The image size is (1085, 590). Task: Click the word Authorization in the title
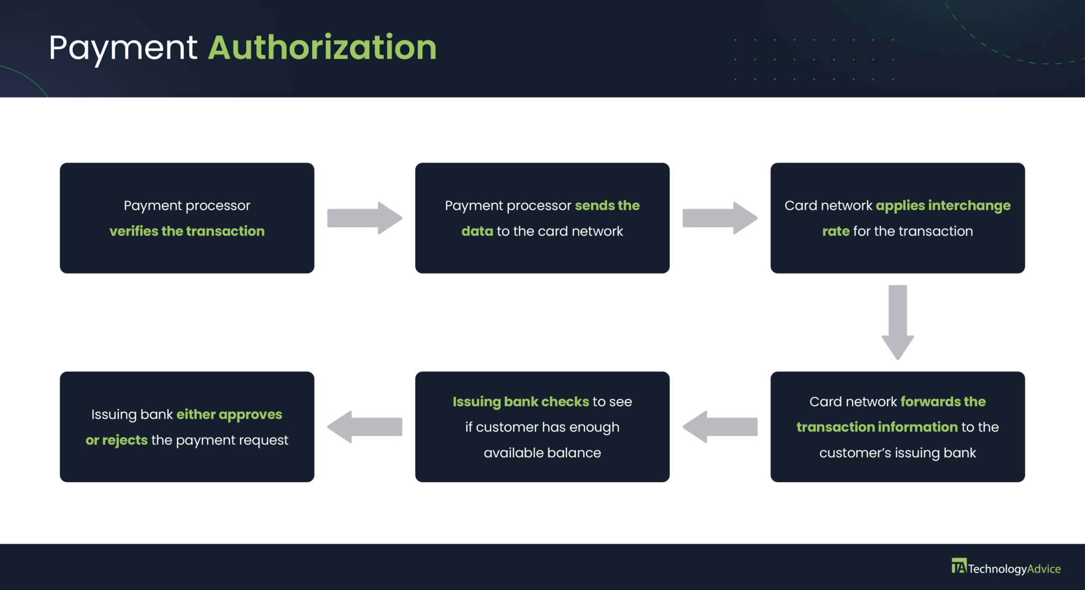pyautogui.click(x=322, y=48)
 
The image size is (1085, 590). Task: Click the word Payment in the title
pyautogui.click(x=123, y=48)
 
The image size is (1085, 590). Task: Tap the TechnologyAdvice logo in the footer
pyautogui.click(x=1006, y=568)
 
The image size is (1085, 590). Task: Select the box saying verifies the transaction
pyautogui.click(x=186, y=218)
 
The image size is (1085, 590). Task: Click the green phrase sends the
pyautogui.click(x=607, y=205)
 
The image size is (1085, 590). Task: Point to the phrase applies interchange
pyautogui.click(x=943, y=205)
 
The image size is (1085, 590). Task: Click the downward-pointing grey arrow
pyautogui.click(x=897, y=322)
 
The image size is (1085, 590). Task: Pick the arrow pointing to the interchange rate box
pyautogui.click(x=719, y=218)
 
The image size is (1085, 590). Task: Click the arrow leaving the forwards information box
pyautogui.click(x=719, y=426)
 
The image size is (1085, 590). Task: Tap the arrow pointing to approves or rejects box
pyautogui.click(x=364, y=426)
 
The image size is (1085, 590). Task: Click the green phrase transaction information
pyautogui.click(x=877, y=427)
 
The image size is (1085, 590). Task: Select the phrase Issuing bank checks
pyautogui.click(x=520, y=402)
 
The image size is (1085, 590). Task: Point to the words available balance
pyautogui.click(x=542, y=453)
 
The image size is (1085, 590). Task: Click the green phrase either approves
pyautogui.click(x=229, y=414)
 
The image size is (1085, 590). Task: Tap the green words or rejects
pyautogui.click(x=117, y=440)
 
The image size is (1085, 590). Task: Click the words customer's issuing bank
pyautogui.click(x=897, y=453)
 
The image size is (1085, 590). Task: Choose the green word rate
pyautogui.click(x=835, y=231)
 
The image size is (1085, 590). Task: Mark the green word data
pyautogui.click(x=477, y=231)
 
